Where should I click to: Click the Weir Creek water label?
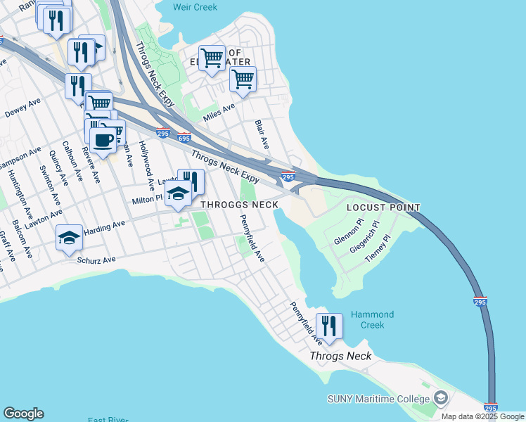coord(195,7)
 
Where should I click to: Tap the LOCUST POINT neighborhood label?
coord(384,207)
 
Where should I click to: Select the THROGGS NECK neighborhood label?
coord(240,205)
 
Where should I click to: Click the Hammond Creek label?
coord(373,320)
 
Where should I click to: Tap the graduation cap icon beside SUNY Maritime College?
coord(440,399)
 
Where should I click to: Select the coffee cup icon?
coord(103,139)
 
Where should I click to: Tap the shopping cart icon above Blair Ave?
coord(243,81)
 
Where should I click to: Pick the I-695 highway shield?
coord(184,138)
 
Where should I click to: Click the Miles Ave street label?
coord(219,111)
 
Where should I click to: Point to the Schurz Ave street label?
coord(96,260)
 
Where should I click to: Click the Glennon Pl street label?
coord(349,229)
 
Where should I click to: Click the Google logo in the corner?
coord(23,414)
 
